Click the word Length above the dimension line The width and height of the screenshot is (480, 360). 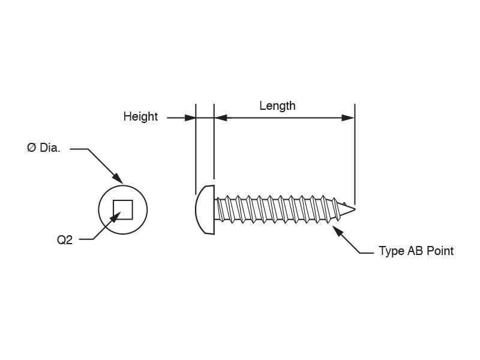click(x=277, y=106)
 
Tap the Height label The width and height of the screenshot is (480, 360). click(x=140, y=116)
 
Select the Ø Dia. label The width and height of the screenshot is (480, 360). click(x=44, y=148)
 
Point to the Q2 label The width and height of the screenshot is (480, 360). click(x=65, y=240)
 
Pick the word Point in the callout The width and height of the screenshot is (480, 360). click(x=440, y=251)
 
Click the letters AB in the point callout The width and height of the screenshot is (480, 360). click(x=415, y=251)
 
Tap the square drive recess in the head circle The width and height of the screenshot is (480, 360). click(x=123, y=210)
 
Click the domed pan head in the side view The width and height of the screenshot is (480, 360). click(x=205, y=210)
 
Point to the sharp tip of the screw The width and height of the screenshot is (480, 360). click(x=355, y=209)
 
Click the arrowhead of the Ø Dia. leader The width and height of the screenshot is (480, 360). click(x=118, y=178)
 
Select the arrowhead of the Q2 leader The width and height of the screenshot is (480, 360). click(x=115, y=217)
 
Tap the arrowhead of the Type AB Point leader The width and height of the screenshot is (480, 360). click(x=338, y=231)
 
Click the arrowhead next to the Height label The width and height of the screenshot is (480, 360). click(x=190, y=118)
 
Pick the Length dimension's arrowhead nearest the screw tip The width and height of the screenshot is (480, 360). click(x=348, y=118)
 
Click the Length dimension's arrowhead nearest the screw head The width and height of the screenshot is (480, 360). click(x=221, y=118)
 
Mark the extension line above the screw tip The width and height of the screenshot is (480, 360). click(x=355, y=155)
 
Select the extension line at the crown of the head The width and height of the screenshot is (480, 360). click(x=196, y=149)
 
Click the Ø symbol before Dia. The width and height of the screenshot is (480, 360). click(x=32, y=148)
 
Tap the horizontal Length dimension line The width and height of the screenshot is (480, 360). click(x=284, y=118)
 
